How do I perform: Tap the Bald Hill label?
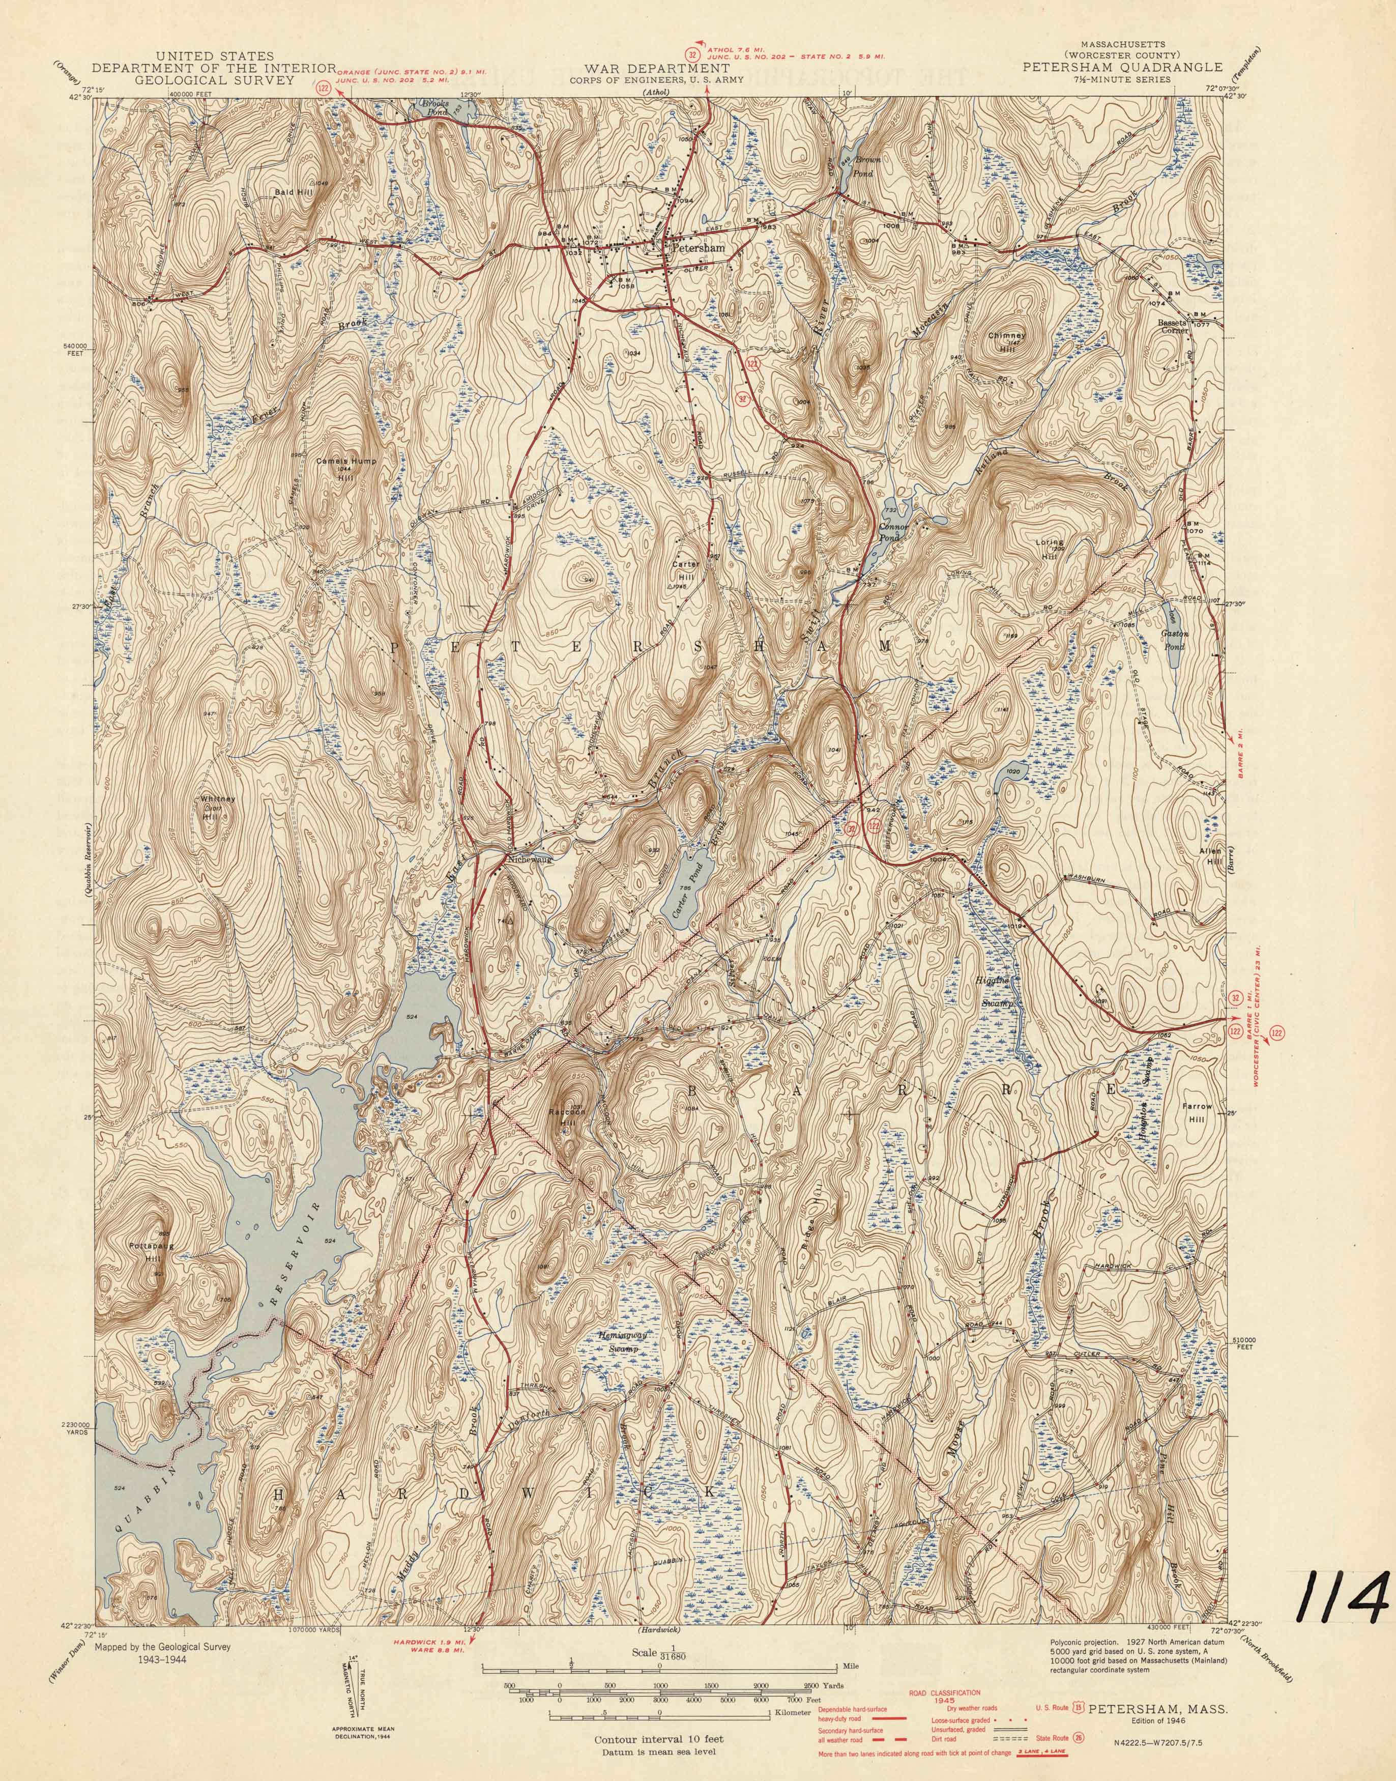290,190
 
